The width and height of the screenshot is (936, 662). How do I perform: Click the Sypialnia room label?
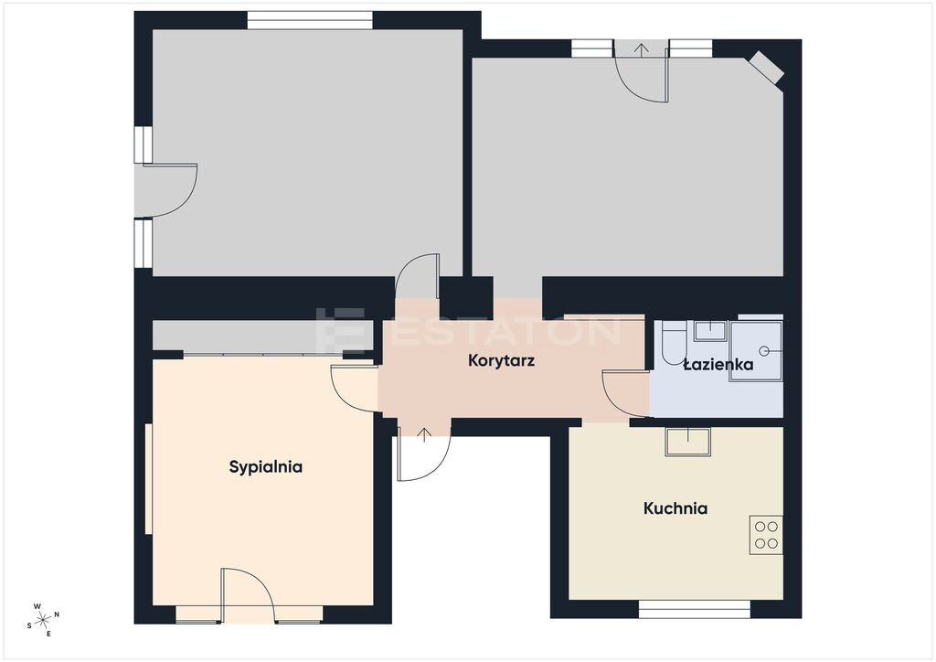(x=266, y=467)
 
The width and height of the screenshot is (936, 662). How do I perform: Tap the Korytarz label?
(x=501, y=360)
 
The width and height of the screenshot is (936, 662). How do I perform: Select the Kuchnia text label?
(x=675, y=508)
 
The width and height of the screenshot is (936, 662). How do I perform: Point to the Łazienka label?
(x=718, y=364)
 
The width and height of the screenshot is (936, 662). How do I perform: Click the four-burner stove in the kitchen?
(x=766, y=535)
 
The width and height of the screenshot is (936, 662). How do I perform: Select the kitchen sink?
(x=688, y=442)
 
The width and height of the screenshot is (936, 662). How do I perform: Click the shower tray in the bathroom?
(x=755, y=352)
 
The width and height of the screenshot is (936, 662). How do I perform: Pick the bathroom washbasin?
(x=709, y=331)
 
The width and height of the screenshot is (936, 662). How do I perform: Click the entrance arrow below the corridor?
(x=424, y=435)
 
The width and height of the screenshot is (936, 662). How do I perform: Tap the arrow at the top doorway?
(x=641, y=49)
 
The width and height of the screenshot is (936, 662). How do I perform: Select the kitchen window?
(x=695, y=609)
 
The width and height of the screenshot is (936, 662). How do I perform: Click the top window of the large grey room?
(x=311, y=20)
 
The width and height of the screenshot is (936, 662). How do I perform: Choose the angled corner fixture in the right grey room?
(x=767, y=67)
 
